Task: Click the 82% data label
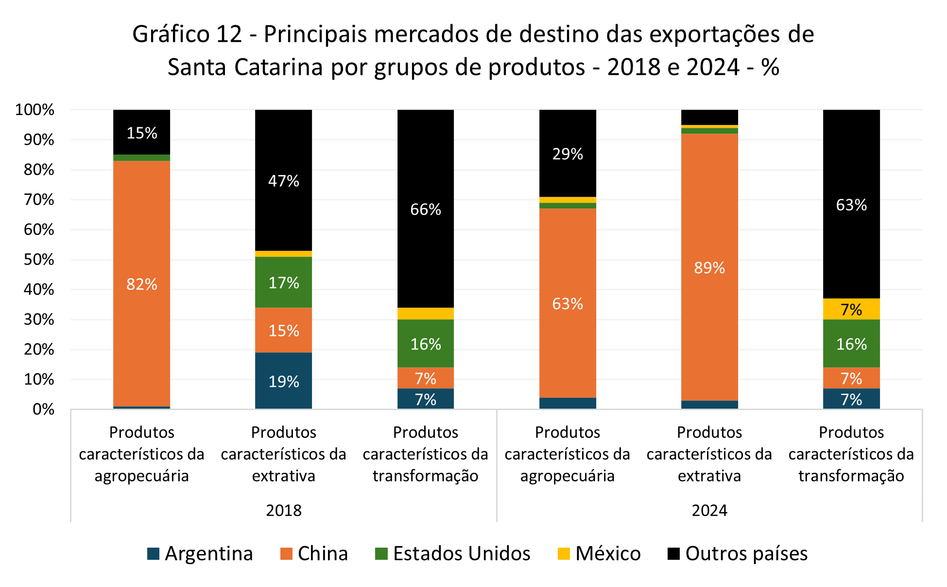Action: (141, 284)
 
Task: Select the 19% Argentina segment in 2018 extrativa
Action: (283, 381)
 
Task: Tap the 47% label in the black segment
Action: (283, 181)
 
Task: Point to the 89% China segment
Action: (709, 267)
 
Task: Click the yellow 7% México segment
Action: (851, 309)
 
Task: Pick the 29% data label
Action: (568, 154)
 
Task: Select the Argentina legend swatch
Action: (153, 553)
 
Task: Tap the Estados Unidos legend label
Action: (461, 553)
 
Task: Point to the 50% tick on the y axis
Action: (39, 259)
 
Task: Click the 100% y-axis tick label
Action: (34, 110)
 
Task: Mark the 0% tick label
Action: (43, 410)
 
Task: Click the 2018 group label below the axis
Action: (284, 510)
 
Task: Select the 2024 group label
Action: (709, 510)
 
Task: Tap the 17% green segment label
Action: (283, 283)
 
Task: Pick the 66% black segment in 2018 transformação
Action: (426, 209)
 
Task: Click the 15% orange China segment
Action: (283, 330)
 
